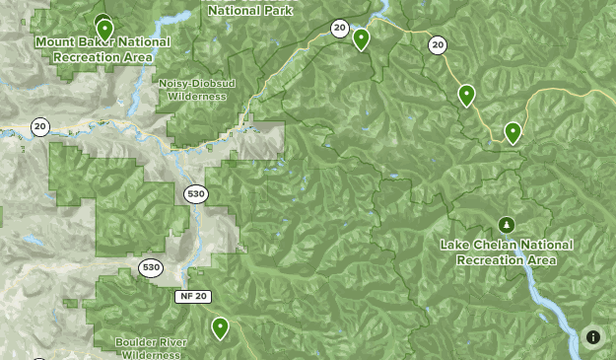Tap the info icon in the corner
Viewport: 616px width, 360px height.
pyautogui.click(x=593, y=337)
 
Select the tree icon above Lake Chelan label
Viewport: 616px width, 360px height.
pyautogui.click(x=507, y=225)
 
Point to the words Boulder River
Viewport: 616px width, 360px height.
pyautogui.click(x=149, y=342)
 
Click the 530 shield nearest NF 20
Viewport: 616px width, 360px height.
pyautogui.click(x=150, y=267)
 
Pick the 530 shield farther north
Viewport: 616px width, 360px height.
pyautogui.click(x=196, y=194)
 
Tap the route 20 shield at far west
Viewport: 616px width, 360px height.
pyautogui.click(x=39, y=126)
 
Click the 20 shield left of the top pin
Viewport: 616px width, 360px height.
pyautogui.click(x=339, y=29)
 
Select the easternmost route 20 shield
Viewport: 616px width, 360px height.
pyautogui.click(x=438, y=44)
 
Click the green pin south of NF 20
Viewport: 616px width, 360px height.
pyautogui.click(x=220, y=326)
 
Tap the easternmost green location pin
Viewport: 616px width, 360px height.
pyautogui.click(x=513, y=131)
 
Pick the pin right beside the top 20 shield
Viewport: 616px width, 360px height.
pyautogui.click(x=362, y=38)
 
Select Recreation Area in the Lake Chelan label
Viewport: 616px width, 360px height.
pyautogui.click(x=506, y=259)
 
